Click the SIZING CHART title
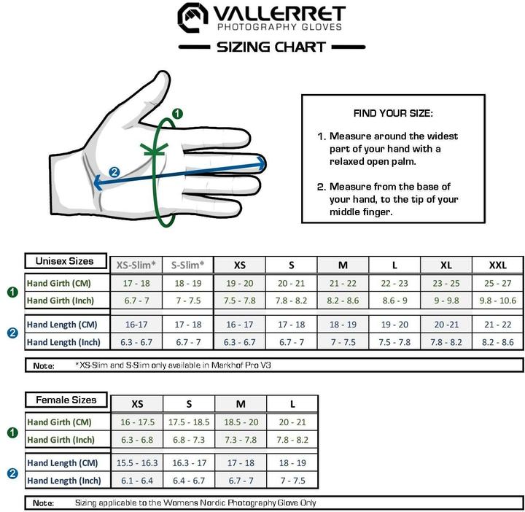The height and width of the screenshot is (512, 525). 271,47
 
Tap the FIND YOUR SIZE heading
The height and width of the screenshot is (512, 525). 393,114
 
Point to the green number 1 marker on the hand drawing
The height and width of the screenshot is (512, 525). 177,114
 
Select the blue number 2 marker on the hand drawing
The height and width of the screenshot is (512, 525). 114,172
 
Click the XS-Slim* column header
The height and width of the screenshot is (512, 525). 135,265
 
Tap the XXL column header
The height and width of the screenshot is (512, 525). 498,265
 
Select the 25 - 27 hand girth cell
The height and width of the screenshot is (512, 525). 498,283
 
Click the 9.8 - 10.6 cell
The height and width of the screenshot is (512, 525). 498,300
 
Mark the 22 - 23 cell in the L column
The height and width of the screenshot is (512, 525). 394,283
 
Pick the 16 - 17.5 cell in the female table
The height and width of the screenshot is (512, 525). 136,422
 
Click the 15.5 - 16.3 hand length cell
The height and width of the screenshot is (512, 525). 136,463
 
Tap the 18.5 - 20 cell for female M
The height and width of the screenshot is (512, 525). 241,422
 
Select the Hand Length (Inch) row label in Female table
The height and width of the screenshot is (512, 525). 63,481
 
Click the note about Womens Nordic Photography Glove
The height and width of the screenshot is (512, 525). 195,503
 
